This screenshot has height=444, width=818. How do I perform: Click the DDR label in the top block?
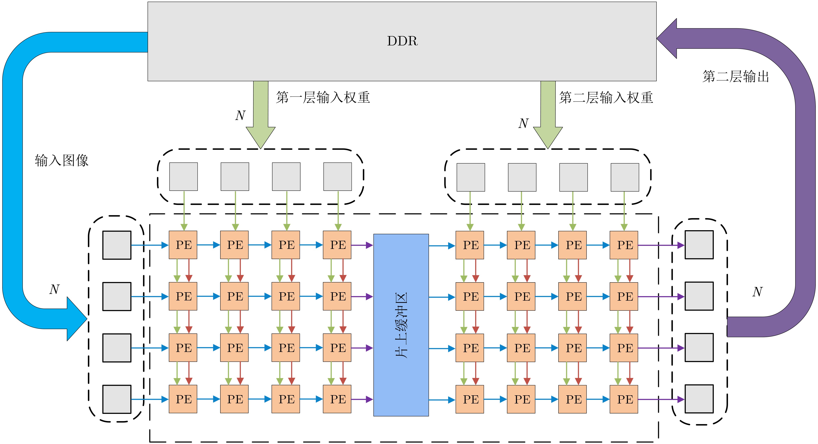click(402, 41)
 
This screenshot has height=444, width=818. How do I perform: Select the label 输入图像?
click(62, 160)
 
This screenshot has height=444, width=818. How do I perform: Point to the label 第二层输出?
click(736, 77)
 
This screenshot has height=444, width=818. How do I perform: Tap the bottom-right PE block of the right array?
click(624, 399)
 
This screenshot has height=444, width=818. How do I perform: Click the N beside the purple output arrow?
click(757, 292)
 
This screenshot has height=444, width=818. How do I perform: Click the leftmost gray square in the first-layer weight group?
click(183, 177)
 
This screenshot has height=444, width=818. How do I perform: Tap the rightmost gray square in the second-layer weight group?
click(625, 177)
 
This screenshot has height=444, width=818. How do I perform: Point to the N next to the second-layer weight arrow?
click(523, 123)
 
